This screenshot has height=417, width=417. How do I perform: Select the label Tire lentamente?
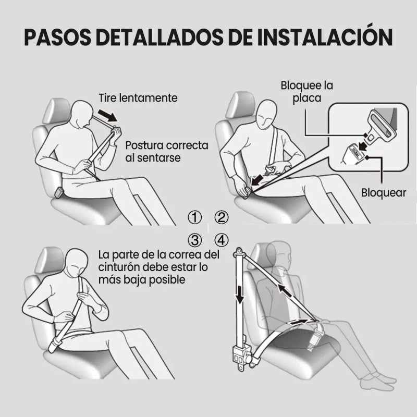point(138,98)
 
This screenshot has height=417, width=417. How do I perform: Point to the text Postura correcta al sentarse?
point(166,151)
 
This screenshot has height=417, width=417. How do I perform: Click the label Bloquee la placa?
point(306,92)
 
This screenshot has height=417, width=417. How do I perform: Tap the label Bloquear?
point(384,192)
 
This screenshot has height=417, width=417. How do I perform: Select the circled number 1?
point(194,217)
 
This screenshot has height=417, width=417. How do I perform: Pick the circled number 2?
point(222,217)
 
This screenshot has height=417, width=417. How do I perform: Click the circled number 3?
point(194,240)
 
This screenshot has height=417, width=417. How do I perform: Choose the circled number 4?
point(222,240)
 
